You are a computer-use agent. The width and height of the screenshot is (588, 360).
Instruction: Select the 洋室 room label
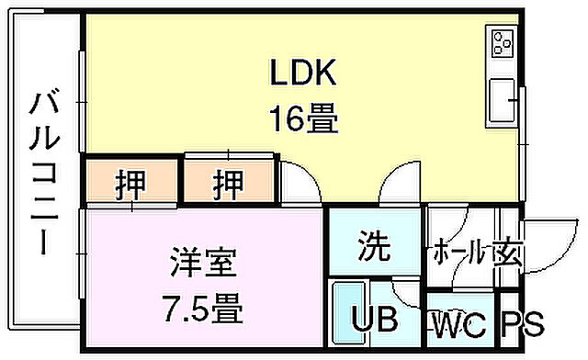(x=203, y=264)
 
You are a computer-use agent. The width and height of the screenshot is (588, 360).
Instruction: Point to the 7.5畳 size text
(x=202, y=309)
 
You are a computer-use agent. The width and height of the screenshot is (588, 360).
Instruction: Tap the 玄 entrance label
(x=508, y=252)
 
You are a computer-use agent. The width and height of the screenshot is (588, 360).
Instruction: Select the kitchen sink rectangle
(x=504, y=98)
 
